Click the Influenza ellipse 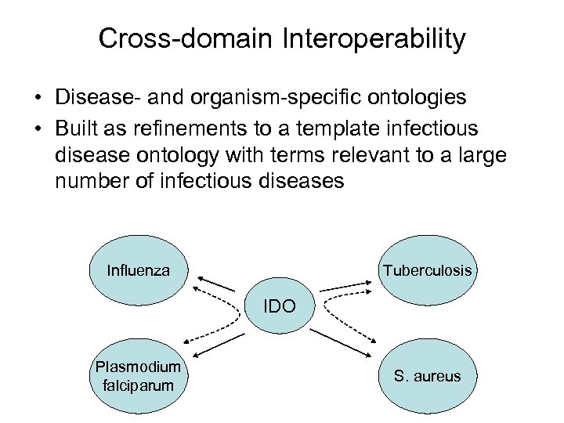coord(139,270)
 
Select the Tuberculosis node coord(427,270)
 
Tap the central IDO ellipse coord(279,306)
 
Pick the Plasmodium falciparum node coord(138,375)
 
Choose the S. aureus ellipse coord(427,376)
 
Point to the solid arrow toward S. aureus coord(345,339)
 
